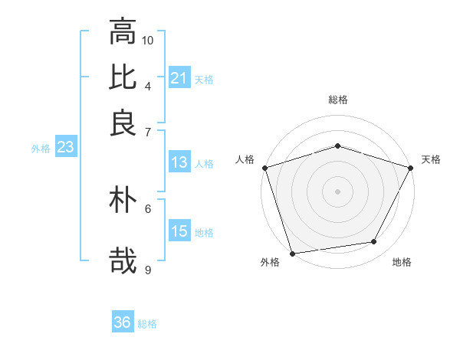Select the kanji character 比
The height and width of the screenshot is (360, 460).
pyautogui.click(x=123, y=77)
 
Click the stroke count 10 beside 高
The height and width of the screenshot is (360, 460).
pyautogui.click(x=148, y=39)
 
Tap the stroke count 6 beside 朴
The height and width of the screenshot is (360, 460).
pyautogui.click(x=148, y=208)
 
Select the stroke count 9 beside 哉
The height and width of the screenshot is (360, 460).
pyautogui.click(x=148, y=269)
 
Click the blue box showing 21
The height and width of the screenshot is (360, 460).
pyautogui.click(x=179, y=77)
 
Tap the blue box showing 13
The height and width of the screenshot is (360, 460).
pyautogui.click(x=179, y=162)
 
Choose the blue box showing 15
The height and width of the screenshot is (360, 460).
pyautogui.click(x=179, y=231)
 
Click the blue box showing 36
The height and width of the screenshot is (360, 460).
pyautogui.click(x=122, y=322)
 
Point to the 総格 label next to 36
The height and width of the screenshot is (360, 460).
pyautogui.click(x=147, y=324)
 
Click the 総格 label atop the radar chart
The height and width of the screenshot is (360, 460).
pyautogui.click(x=337, y=100)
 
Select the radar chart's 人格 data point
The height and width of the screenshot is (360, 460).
pyautogui.click(x=264, y=168)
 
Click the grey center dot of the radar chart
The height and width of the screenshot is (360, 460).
pyautogui.click(x=337, y=191)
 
